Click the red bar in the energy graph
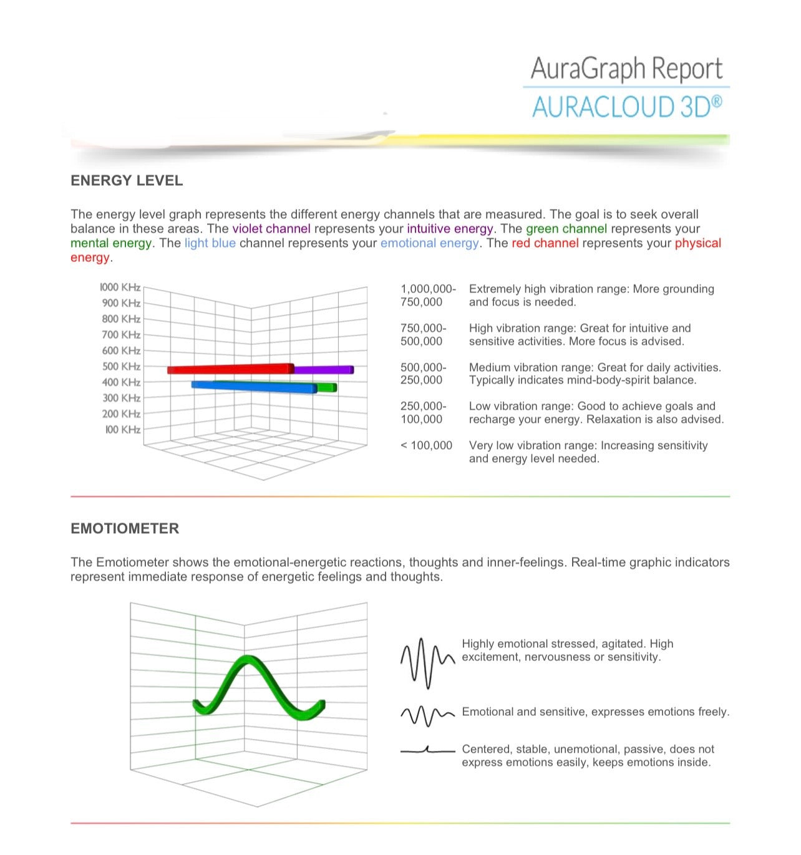point(231,369)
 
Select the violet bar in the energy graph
point(323,370)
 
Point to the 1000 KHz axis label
point(120,287)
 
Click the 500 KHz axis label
point(122,367)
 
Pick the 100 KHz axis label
point(123,430)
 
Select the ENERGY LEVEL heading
point(127,181)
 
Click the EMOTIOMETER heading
point(125,529)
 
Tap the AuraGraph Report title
point(626,69)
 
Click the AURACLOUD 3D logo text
point(627,107)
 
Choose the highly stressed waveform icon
point(427,662)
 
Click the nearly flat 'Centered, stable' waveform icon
point(427,750)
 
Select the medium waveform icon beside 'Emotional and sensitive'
point(427,715)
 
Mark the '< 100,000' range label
point(427,445)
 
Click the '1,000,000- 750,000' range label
point(428,296)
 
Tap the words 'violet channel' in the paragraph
point(271,229)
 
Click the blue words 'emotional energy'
point(430,243)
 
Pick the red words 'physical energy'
point(697,243)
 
